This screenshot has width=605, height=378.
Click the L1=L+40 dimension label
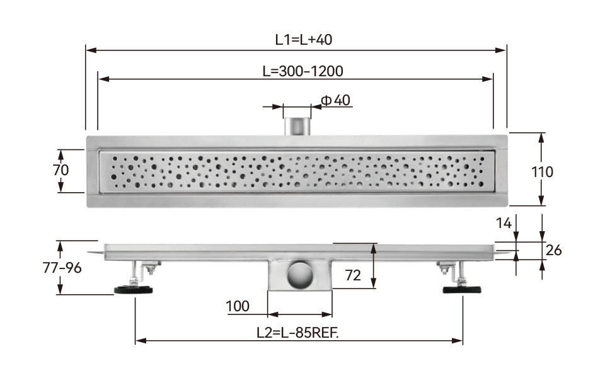point(304,40)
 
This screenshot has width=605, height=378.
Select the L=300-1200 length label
point(303,71)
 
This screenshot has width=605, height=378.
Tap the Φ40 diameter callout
point(336,100)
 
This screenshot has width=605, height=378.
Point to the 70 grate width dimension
point(61,169)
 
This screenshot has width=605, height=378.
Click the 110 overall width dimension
point(542,172)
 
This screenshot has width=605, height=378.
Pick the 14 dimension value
point(504,223)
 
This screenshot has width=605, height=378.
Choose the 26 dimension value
point(553,250)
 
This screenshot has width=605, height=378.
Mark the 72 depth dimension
point(353,275)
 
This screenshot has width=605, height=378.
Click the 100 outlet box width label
point(238,306)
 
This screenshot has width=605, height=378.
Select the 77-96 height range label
point(62,268)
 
